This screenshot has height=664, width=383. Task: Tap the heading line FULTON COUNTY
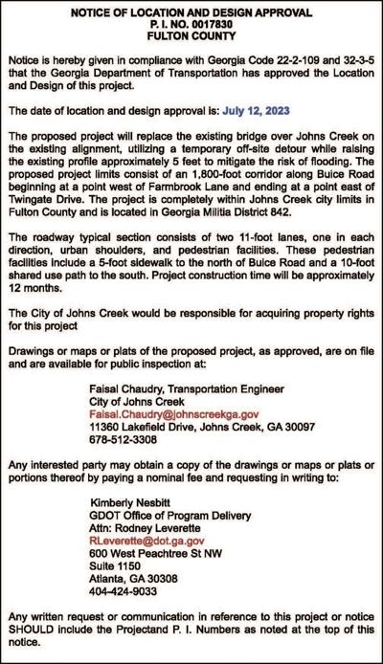pos(191,38)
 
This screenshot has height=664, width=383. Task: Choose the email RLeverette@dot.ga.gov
pos(146,540)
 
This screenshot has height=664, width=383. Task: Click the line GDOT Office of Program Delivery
pos(169,515)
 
